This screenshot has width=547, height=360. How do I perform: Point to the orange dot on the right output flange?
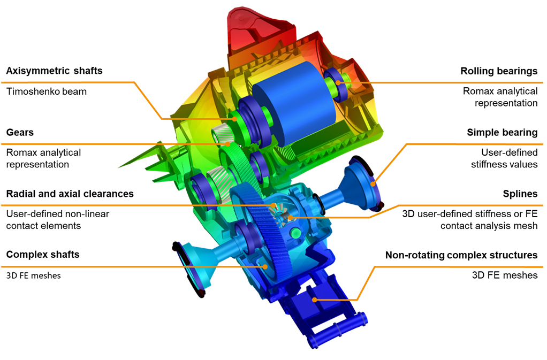(x=374, y=185)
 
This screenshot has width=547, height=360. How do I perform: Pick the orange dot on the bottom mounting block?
(x=314, y=300)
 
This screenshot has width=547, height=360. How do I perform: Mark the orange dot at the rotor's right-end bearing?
(x=338, y=82)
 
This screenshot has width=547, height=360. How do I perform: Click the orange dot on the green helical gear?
(x=229, y=144)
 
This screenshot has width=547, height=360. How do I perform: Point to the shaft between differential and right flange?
(x=329, y=199)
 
